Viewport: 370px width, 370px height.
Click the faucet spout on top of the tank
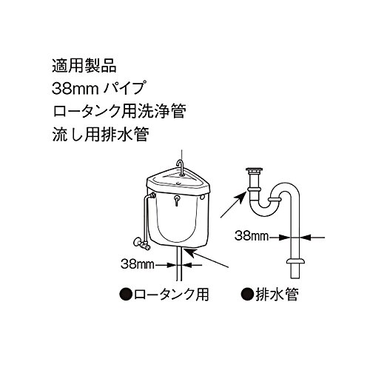(x=181, y=164)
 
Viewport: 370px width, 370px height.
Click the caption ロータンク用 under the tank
(x=172, y=293)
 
